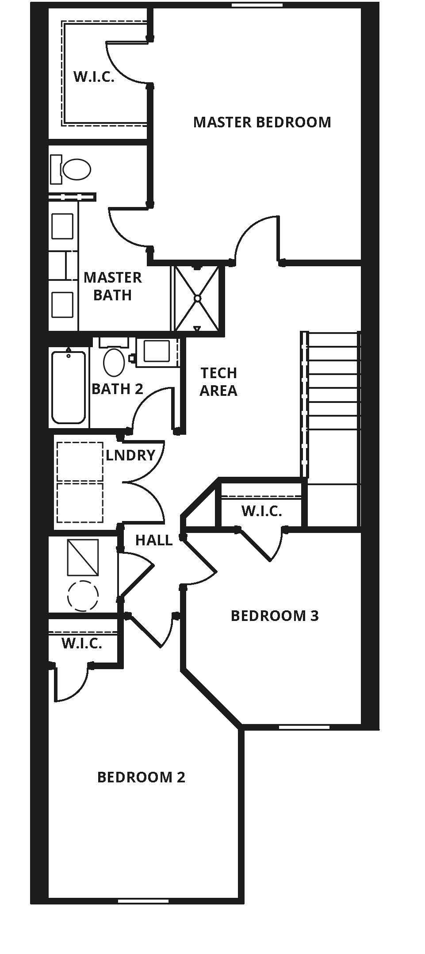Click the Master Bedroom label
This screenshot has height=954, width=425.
point(262,122)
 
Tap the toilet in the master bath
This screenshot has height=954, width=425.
point(76,169)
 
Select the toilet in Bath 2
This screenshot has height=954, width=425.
point(114,362)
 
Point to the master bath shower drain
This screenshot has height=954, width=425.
point(197,299)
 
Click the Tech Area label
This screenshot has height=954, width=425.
point(218,382)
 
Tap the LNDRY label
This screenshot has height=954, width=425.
point(130,455)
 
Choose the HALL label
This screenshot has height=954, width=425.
point(153,540)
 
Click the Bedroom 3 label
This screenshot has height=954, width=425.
point(275,616)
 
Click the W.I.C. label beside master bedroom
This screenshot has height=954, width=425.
point(94,77)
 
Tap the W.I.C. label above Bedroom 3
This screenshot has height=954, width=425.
point(261,511)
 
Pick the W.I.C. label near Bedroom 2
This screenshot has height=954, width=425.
point(82,644)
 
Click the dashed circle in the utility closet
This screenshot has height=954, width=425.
point(83,596)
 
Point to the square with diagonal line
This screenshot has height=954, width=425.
point(83,558)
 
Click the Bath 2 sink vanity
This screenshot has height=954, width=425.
point(157,352)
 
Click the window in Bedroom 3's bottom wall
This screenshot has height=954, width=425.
point(304,727)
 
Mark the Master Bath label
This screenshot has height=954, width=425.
point(112,286)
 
